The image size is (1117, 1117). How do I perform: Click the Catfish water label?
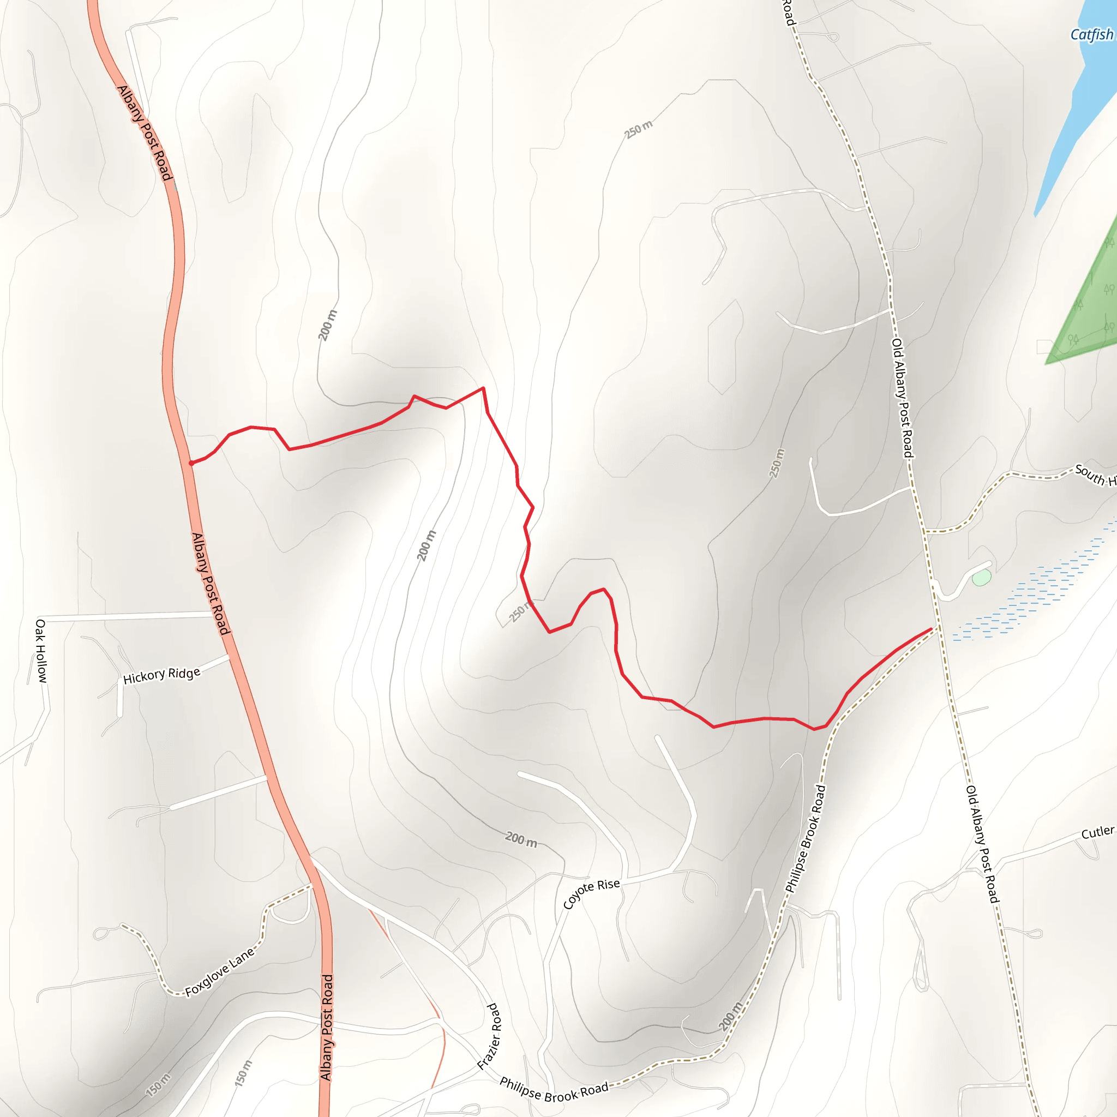coord(1091,35)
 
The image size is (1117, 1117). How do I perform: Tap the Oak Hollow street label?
coord(41,651)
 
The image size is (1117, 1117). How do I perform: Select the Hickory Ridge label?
coord(162,675)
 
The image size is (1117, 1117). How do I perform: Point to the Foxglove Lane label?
coord(220,972)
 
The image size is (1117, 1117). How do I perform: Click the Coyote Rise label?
coord(591,893)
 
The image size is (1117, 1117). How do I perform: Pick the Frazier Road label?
coord(489,1037)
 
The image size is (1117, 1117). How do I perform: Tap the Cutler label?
coord(1097,832)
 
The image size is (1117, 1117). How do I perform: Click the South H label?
coord(1095,475)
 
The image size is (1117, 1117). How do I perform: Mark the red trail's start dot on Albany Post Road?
coord(191,463)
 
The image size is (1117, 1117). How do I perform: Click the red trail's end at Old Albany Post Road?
coord(931,628)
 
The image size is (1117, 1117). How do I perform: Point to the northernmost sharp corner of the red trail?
coord(483,388)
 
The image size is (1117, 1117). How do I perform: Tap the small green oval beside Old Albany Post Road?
coord(981,578)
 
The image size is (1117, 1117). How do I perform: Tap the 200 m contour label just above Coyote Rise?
coord(521,839)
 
